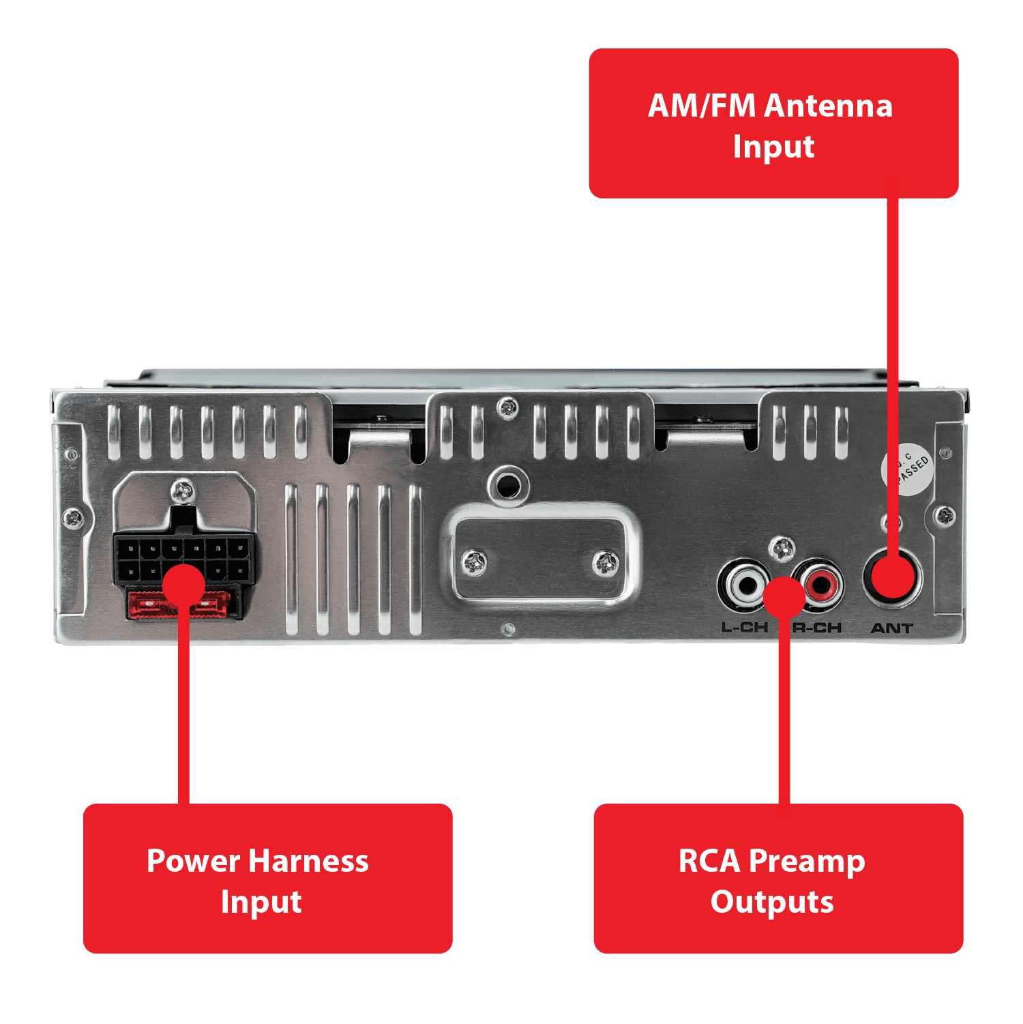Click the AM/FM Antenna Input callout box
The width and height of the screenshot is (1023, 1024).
[773, 123]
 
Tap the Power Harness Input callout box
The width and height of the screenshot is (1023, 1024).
[267, 878]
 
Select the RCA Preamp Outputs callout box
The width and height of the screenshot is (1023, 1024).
[778, 878]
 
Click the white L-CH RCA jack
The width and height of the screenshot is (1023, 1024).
[745, 585]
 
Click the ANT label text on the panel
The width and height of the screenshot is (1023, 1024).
[891, 628]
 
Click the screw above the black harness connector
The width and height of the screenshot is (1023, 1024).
[183, 490]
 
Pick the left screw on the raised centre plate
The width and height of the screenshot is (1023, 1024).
[474, 563]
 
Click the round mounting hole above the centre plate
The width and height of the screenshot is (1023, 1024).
[508, 485]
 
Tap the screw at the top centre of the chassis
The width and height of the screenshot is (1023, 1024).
[507, 409]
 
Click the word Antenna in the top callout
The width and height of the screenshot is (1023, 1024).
[829, 106]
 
